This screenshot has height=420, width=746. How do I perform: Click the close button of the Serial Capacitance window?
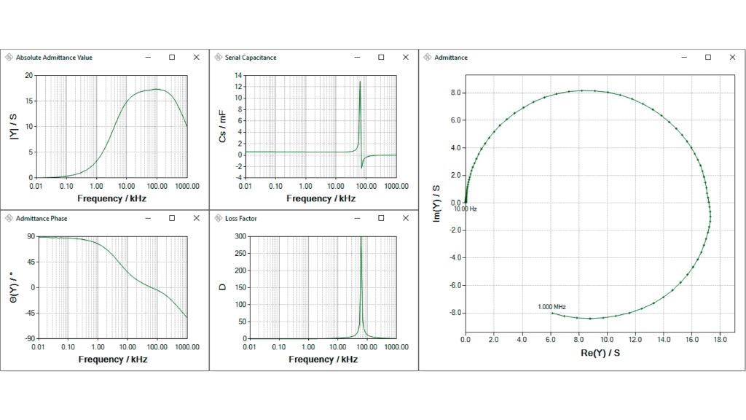pos(406,57)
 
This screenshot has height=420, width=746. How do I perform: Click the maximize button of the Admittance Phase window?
pos(172,218)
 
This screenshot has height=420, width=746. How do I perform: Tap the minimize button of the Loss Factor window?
pos(357,218)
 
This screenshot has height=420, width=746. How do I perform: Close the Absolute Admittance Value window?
pos(196,57)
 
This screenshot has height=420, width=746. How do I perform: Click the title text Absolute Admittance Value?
pos(54,57)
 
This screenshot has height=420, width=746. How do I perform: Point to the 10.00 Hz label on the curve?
pos(465,209)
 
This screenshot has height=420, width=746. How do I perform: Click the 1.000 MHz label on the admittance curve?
pos(551,307)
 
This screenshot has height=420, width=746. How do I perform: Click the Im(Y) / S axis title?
pos(436,203)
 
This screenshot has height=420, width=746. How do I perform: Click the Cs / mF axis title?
pos(222,126)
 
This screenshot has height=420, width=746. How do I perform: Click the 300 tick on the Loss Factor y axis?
pos(238,236)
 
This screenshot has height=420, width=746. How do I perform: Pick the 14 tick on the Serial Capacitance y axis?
pos(238,75)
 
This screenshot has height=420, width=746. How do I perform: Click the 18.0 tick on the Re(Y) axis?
pos(720,339)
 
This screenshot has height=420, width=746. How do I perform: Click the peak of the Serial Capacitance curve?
pos(360,82)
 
